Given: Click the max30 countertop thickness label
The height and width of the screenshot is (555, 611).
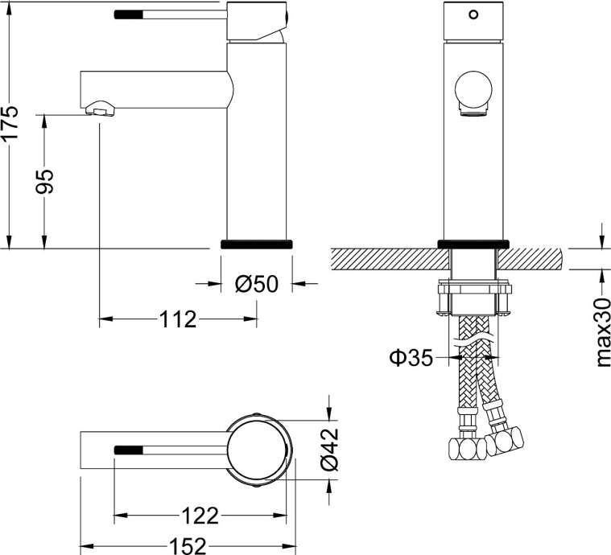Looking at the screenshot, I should [602, 331].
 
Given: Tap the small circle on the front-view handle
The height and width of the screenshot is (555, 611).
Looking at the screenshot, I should [473, 14].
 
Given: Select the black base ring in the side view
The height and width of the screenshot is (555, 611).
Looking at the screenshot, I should [256, 244].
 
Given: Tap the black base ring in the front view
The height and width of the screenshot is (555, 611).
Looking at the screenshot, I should [473, 244].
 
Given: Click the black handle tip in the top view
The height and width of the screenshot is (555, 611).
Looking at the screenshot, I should [128, 449].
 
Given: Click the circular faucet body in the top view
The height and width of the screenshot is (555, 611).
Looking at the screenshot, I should [258, 448].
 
